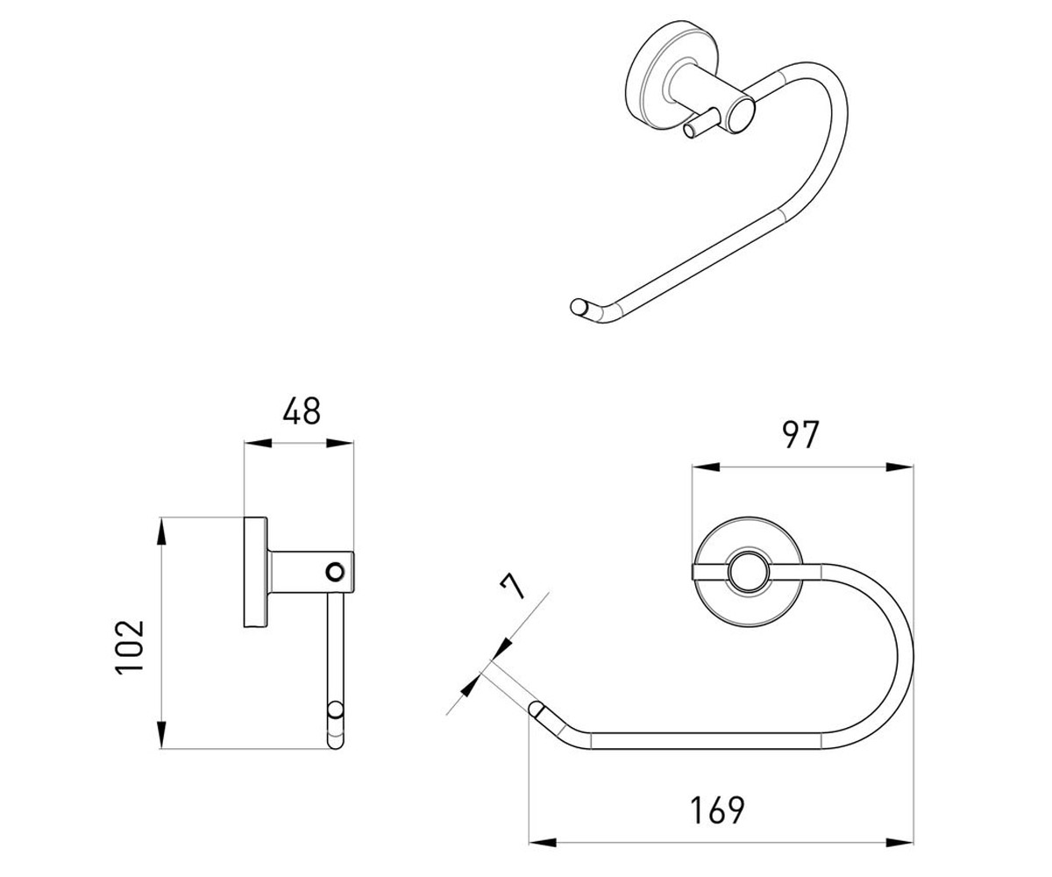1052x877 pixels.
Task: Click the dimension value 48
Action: (x=302, y=411)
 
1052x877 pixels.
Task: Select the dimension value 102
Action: (x=130, y=648)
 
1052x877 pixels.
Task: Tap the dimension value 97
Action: (x=800, y=435)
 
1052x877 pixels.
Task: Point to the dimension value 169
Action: (x=717, y=810)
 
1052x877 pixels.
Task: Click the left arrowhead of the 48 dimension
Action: (x=258, y=444)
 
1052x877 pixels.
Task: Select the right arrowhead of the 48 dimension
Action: (x=340, y=444)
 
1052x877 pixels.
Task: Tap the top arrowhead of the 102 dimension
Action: (x=161, y=531)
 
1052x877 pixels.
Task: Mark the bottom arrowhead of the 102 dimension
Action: (x=161, y=735)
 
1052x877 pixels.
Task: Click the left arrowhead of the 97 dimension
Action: (x=706, y=467)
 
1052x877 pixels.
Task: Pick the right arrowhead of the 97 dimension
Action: (x=899, y=467)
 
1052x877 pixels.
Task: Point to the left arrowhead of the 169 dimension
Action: (x=543, y=842)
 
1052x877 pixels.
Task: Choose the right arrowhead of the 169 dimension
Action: (x=899, y=842)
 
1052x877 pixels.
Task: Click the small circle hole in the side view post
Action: (x=335, y=572)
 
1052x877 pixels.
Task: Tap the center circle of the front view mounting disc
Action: (x=749, y=572)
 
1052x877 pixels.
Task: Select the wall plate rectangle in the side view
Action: (x=255, y=572)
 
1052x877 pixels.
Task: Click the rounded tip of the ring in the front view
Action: (x=536, y=709)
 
